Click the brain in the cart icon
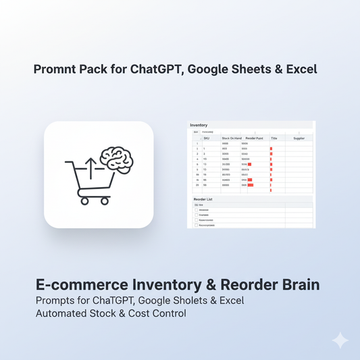tap(116, 159)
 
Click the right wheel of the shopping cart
tap(104, 200)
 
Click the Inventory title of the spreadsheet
tap(199, 125)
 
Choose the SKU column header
tap(207, 138)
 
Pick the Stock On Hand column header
tap(232, 138)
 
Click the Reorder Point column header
tap(254, 138)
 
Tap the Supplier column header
tap(299, 138)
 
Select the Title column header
tap(274, 138)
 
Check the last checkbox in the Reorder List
tap(196, 226)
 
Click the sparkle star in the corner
tap(340, 340)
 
